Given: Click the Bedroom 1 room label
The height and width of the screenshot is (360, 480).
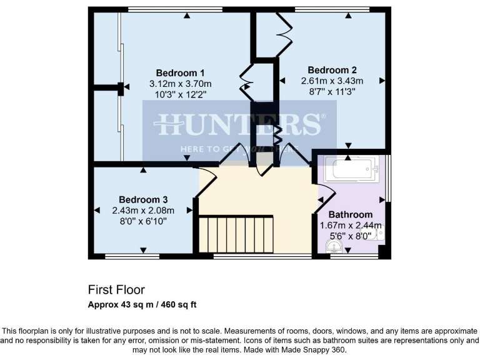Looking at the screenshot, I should (180, 72).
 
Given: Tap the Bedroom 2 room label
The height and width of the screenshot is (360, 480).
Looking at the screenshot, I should (332, 69).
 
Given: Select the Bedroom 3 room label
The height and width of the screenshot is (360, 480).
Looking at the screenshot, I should (143, 199).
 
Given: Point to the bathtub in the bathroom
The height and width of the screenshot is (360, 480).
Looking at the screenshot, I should (352, 169).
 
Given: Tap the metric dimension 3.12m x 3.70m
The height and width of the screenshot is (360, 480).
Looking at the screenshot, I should (180, 83).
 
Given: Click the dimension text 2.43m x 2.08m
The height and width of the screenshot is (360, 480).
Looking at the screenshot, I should (143, 210).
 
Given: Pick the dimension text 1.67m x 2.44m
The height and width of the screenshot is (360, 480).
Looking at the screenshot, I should (350, 225).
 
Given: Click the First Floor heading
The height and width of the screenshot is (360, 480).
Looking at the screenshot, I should (116, 290).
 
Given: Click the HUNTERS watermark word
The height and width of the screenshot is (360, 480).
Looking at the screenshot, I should (239, 125).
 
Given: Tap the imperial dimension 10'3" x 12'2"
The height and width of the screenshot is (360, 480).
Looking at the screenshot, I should (180, 94).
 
